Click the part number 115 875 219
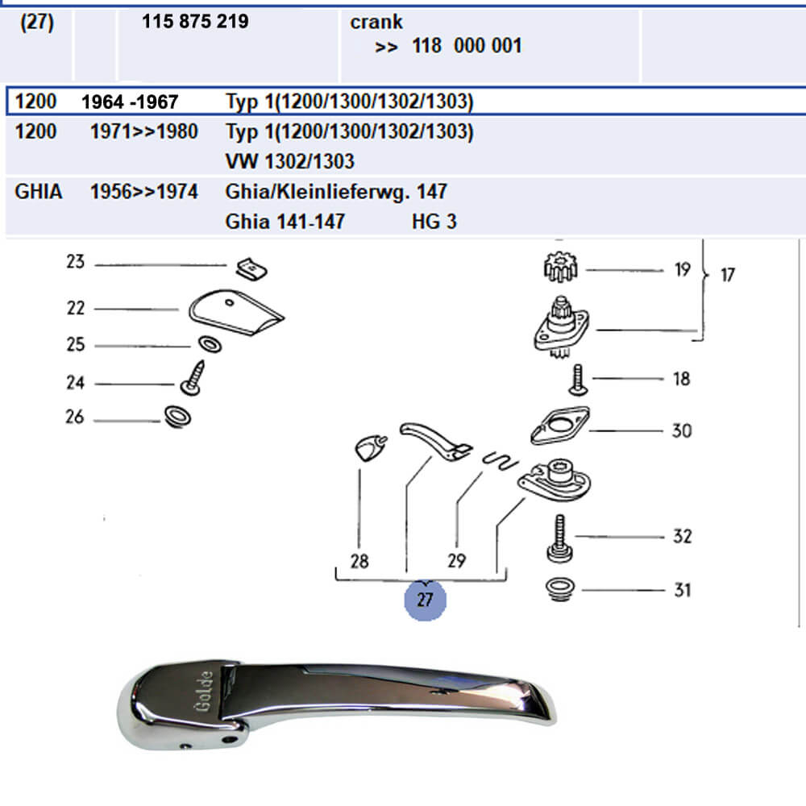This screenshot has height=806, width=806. tap(195, 23)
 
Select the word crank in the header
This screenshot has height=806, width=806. tap(376, 23)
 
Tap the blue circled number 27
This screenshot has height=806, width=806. tap(425, 600)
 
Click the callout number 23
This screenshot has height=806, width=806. tap(75, 263)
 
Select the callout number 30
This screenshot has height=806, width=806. tap(681, 430)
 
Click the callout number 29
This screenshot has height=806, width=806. tap(456, 560)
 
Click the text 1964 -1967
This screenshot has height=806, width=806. tap(130, 102)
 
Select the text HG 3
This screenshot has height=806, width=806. tap(434, 222)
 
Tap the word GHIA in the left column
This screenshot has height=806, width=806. tap(39, 193)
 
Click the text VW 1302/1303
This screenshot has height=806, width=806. tap(289, 161)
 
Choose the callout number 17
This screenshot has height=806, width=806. tap(727, 275)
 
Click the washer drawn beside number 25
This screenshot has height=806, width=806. tap(208, 345)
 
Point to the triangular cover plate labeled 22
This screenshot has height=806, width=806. tap(235, 314)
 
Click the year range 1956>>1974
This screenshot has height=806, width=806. tap(143, 193)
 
